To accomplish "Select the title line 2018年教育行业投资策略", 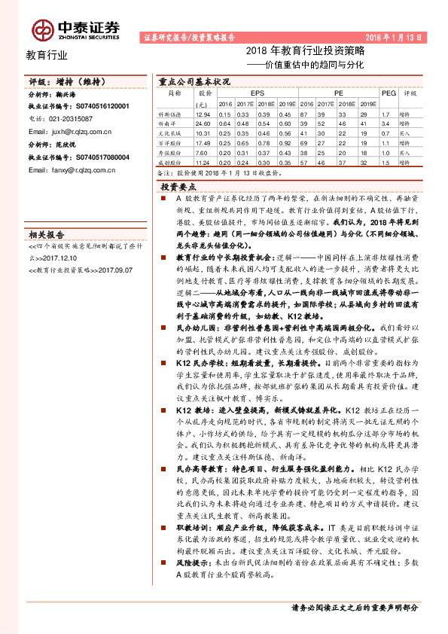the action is coord(305,52).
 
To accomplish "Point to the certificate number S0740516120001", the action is coord(99,107).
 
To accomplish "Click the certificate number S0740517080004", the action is coord(99,157).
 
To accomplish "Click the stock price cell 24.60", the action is coord(202,123).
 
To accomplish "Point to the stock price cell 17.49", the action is coord(202,142).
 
